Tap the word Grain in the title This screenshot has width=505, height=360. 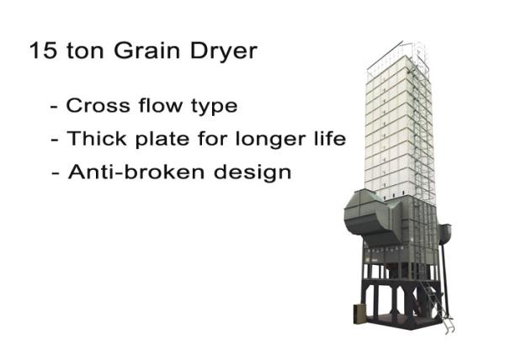146,50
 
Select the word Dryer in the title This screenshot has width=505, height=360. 224,52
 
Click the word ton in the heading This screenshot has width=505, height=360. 85,51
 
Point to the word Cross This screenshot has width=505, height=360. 98,105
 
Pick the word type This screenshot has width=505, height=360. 215,107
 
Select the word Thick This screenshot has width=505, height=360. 97,138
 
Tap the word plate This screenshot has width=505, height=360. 162,140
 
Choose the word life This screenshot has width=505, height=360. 330,138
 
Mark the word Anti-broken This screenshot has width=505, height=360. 136,172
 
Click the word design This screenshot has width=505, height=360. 252,172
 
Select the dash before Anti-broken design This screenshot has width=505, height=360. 56,174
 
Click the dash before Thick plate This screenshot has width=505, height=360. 55,141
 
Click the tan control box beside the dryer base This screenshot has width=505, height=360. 359,314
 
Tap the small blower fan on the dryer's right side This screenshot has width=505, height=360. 445,234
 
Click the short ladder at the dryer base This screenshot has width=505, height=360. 438,305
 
